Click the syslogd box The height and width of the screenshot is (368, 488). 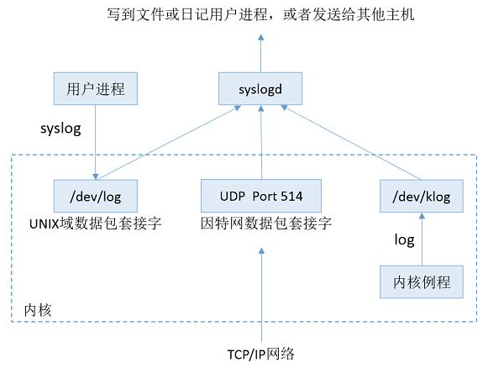pyautogui.click(x=260, y=89)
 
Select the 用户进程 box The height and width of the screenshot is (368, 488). pyautogui.click(x=96, y=89)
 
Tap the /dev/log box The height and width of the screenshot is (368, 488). pyautogui.click(x=96, y=196)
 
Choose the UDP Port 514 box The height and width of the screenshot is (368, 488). pyautogui.click(x=261, y=196)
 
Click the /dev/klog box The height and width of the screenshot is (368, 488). pyautogui.click(x=422, y=196)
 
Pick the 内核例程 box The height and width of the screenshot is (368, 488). pyautogui.click(x=422, y=281)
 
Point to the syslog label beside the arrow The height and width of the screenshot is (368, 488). pyautogui.click(x=60, y=129)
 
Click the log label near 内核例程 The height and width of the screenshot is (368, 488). pyautogui.click(x=404, y=240)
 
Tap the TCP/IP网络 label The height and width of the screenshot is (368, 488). pyautogui.click(x=261, y=355)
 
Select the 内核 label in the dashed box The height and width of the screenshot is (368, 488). pyautogui.click(x=38, y=310)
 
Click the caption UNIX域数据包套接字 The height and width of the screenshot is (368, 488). pyautogui.click(x=96, y=223)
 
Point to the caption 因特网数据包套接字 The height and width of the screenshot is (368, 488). pyautogui.click(x=266, y=223)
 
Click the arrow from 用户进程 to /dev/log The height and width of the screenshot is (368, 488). pyautogui.click(x=96, y=142)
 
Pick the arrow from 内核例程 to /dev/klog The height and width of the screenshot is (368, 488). pyautogui.click(x=422, y=239)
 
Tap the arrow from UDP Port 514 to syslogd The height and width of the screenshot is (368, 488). pyautogui.click(x=261, y=142)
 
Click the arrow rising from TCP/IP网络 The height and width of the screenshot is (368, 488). pyautogui.click(x=261, y=295)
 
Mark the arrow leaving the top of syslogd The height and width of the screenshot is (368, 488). pyautogui.click(x=261, y=53)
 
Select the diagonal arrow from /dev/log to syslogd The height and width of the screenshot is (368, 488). pyautogui.click(x=168, y=142)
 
